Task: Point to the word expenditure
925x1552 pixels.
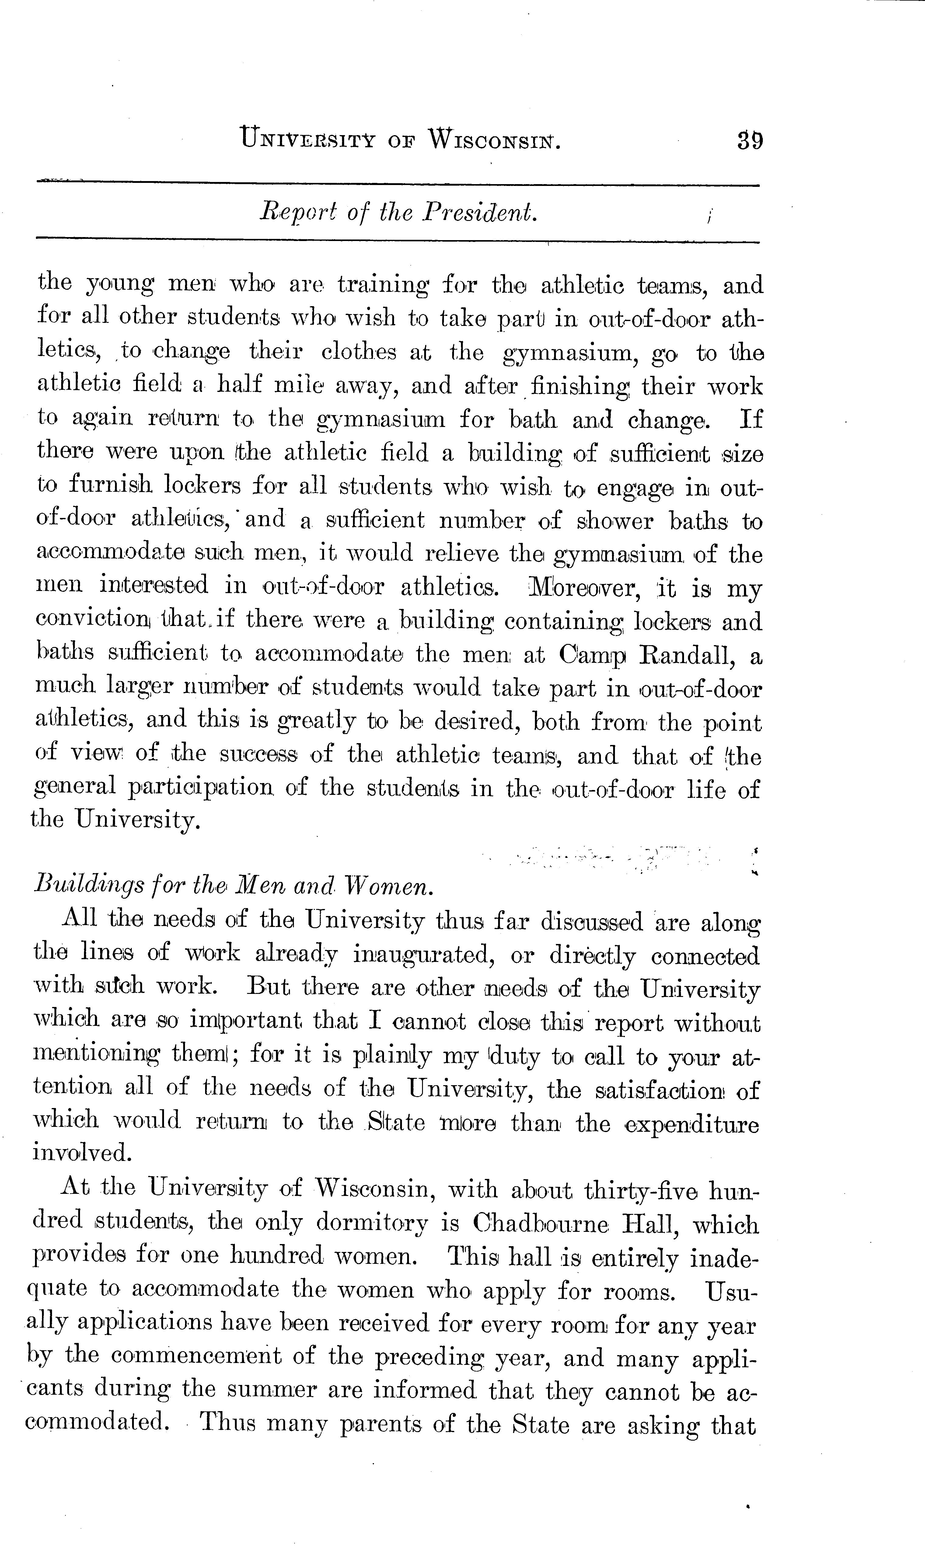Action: pyautogui.click(x=692, y=1124)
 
